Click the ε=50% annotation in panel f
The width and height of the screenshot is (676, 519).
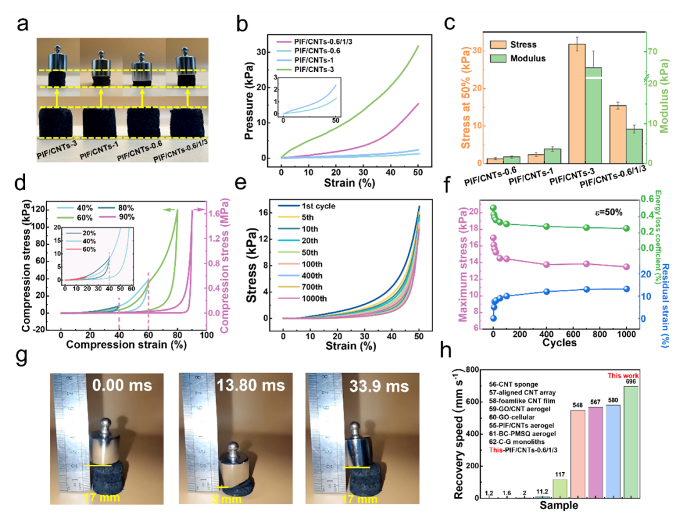(606, 212)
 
